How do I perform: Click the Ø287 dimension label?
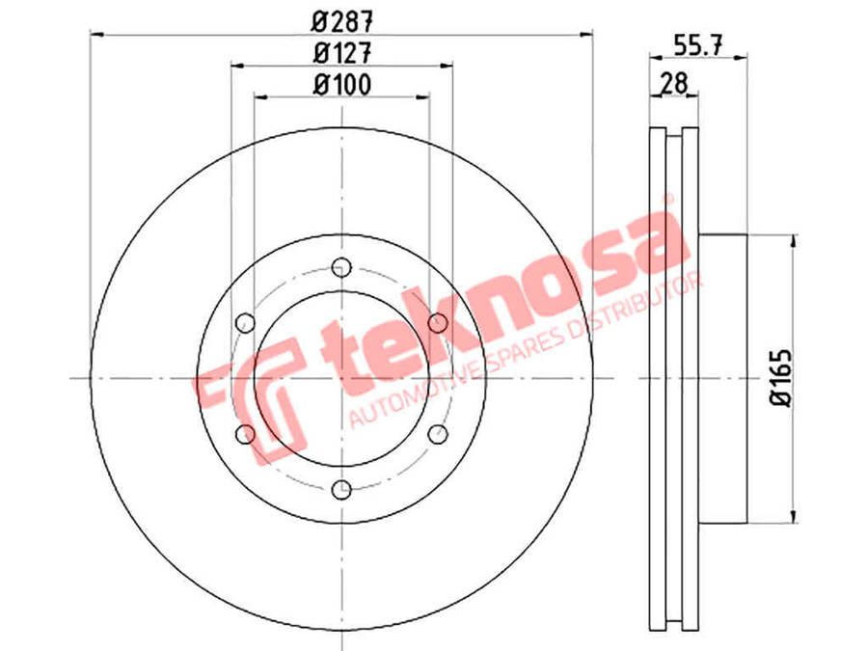point(342,22)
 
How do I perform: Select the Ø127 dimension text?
point(342,54)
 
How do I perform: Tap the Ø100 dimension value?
point(342,85)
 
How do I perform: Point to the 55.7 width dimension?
point(698,45)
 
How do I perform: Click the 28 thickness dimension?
point(674,84)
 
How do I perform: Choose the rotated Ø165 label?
point(781,378)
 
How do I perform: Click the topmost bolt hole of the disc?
point(341,268)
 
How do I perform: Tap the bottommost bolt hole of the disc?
point(341,489)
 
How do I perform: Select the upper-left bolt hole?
point(245,323)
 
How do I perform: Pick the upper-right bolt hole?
point(438,323)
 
